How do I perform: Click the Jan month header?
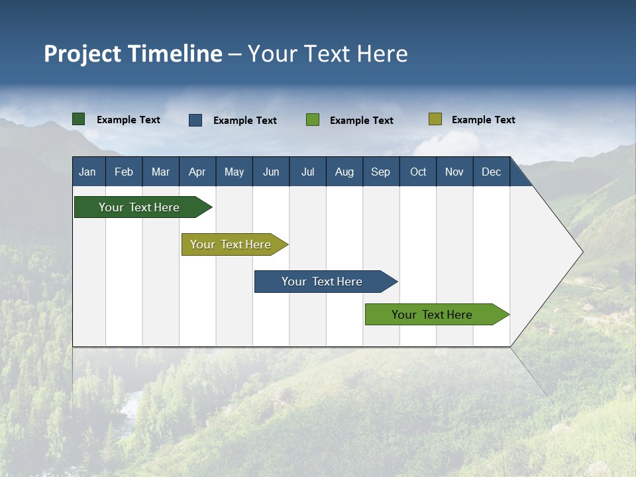click(87, 172)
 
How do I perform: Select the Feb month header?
click(124, 172)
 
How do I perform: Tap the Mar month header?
click(160, 172)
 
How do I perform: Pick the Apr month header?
click(197, 172)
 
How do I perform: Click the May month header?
click(234, 172)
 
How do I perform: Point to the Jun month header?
click(271, 172)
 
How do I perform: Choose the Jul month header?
click(307, 172)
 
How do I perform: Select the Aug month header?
click(344, 172)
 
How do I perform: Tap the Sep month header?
click(381, 172)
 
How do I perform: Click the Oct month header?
click(418, 172)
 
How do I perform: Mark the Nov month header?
click(454, 172)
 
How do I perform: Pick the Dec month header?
click(492, 172)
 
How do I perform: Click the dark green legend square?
click(79, 119)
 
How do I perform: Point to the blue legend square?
click(195, 120)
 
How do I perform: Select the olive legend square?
click(435, 119)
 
